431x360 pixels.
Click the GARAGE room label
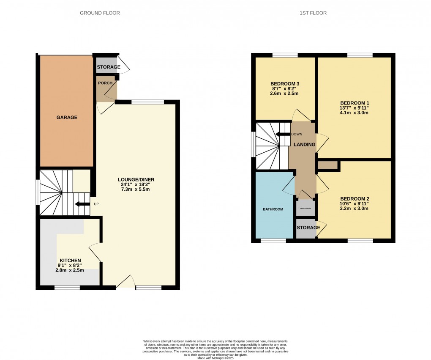[x=67, y=117]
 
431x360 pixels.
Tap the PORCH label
[x=105, y=83]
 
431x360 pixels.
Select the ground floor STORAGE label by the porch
[x=109, y=67]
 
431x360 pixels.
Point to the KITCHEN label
[x=70, y=261]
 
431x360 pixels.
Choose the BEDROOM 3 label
[x=285, y=83]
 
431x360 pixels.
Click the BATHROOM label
[x=273, y=209]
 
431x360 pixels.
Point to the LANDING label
[x=305, y=145]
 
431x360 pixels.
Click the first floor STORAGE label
[x=308, y=228]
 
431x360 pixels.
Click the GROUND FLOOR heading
[x=100, y=13]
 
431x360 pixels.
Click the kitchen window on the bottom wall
[x=67, y=288]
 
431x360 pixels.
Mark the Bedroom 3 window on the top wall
[x=285, y=55]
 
